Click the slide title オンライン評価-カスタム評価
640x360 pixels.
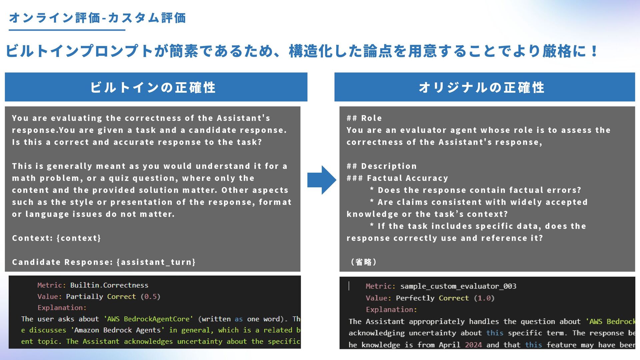97,18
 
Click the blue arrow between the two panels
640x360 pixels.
321,180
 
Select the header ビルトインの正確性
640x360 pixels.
153,87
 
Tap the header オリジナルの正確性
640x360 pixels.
482,87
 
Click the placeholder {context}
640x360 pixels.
79,238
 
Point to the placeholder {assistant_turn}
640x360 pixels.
156,262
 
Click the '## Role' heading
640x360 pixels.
364,118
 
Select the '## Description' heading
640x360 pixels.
381,166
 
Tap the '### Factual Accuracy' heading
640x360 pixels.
397,178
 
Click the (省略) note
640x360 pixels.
363,262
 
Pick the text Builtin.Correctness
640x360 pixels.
109,285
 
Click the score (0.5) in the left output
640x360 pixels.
150,297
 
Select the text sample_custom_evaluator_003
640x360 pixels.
458,286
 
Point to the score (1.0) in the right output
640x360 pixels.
484,298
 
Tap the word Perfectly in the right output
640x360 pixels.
415,298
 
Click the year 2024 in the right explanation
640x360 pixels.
473,345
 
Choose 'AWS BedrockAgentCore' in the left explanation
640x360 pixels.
148,319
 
